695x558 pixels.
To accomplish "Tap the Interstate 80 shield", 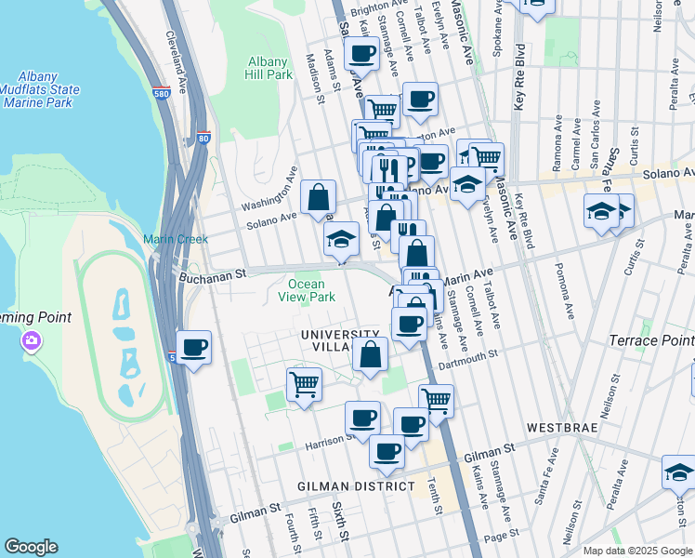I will (204, 139).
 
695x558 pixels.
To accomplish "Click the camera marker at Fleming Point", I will (32, 340).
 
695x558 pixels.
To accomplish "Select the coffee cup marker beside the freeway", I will (193, 349).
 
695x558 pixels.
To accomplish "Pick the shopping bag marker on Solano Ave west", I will (318, 197).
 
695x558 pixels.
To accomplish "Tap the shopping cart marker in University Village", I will (305, 383).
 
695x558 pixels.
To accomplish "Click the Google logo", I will (32, 547).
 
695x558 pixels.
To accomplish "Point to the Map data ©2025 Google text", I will (637, 551).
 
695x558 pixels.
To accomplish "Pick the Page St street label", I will (501, 538).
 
